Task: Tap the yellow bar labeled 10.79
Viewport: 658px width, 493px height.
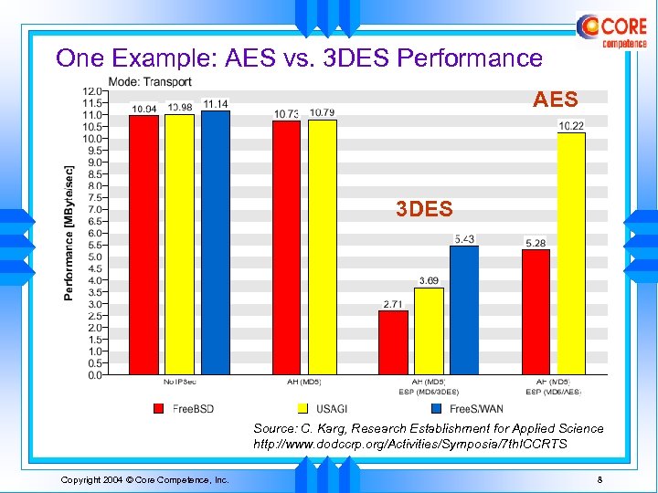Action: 322,246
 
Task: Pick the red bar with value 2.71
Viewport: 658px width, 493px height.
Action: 393,342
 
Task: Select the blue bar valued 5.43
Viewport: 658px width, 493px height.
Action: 463,310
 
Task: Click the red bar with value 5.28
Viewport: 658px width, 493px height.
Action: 536,311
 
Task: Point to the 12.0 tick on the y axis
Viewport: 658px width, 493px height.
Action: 92,91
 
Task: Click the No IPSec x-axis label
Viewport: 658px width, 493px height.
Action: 179,382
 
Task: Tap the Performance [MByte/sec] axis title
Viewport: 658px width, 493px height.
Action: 69,233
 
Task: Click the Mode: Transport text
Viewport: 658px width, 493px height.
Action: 150,81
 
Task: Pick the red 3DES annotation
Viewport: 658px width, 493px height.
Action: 424,210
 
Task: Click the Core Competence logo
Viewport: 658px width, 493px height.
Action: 611,31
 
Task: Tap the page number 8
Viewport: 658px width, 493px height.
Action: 599,480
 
